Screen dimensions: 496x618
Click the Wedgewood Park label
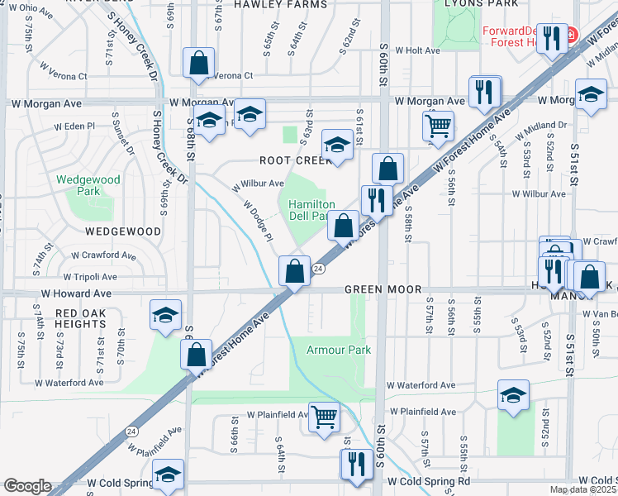coord(88,185)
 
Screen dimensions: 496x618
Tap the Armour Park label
coord(339,350)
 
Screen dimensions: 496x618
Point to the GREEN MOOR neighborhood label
coord(383,290)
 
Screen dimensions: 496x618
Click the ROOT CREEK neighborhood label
coord(294,160)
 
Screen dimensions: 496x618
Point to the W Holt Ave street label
coord(418,50)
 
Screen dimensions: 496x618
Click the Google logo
coord(26,486)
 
